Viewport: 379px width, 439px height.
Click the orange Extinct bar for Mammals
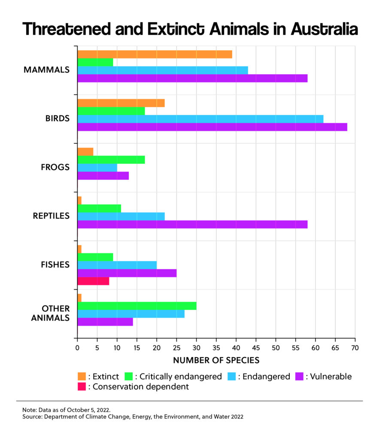point(155,54)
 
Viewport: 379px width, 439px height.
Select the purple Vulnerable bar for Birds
point(212,127)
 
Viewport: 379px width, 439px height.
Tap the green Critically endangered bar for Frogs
point(111,159)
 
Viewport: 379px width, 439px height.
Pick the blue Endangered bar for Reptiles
point(121,216)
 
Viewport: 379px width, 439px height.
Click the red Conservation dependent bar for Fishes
point(93,281)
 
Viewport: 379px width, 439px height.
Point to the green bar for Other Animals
point(136,306)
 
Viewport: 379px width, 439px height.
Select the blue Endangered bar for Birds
point(200,119)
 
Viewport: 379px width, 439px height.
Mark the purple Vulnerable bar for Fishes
point(127,273)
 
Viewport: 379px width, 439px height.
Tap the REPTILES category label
point(51,216)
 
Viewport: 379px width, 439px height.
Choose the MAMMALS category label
point(47,69)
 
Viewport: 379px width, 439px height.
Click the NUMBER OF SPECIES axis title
point(216,360)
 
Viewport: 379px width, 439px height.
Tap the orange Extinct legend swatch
point(82,376)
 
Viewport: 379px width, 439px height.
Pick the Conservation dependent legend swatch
point(82,387)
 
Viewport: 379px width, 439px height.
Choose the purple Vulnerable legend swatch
point(300,376)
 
